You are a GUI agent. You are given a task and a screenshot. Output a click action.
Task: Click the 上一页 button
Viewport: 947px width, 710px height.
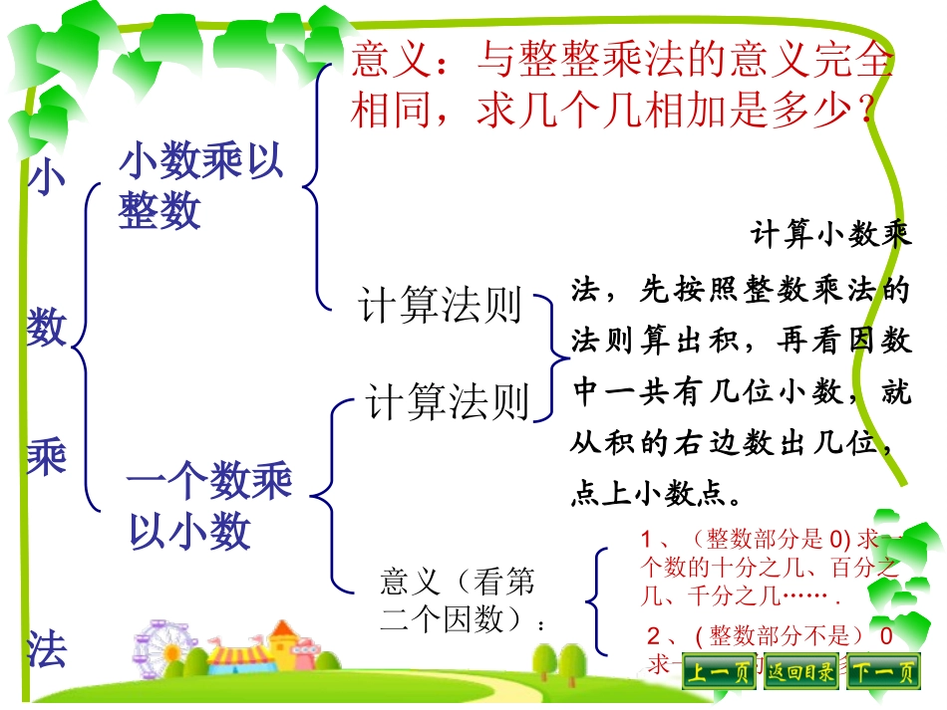pos(720,673)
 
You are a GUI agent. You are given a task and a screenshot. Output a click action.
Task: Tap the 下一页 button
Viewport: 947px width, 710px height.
pos(882,673)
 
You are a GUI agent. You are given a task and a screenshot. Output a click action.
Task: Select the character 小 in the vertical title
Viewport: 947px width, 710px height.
pos(46,179)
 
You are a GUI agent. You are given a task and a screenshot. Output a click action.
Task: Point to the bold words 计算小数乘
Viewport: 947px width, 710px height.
pos(829,237)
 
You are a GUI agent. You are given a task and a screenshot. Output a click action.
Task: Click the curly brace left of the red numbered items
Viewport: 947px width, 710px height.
pos(596,600)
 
